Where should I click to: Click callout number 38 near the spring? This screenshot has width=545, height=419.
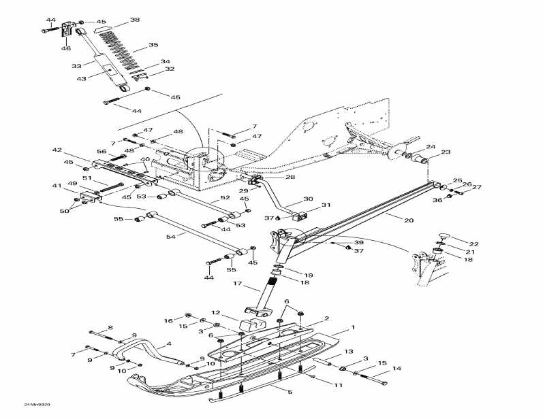coord(135,20)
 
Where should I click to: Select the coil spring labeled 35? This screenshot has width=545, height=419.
coord(120,48)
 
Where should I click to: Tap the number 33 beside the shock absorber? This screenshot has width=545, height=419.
coord(76,66)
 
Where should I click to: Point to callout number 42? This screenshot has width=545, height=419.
coord(57,150)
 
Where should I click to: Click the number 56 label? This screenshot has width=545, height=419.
coord(101,152)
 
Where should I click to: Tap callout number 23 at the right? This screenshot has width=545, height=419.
coord(446,152)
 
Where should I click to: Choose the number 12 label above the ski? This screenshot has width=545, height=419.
coord(215,313)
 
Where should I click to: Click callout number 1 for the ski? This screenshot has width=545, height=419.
coord(353,328)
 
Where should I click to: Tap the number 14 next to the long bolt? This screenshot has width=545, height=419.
coord(396,369)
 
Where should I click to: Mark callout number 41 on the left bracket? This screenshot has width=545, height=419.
coord(57,186)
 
